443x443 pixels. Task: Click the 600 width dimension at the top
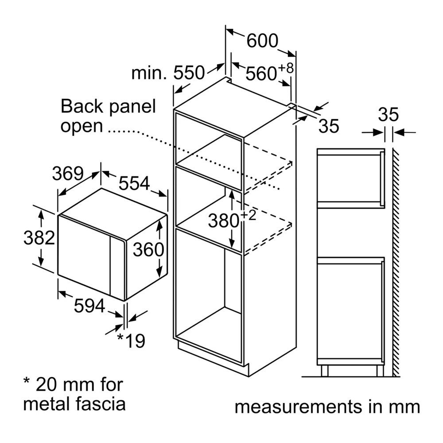(262, 41)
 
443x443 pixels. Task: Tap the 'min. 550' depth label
(168, 73)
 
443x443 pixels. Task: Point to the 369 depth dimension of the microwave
(68, 173)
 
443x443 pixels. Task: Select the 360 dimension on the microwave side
(148, 249)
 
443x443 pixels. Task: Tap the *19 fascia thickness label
(131, 341)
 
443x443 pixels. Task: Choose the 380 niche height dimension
(232, 219)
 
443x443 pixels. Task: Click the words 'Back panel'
(108, 106)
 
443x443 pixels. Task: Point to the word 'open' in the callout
(82, 126)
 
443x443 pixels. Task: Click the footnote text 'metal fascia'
(74, 404)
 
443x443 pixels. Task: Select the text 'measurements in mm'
(327, 407)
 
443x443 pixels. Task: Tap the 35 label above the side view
(389, 114)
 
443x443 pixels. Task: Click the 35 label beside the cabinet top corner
(329, 126)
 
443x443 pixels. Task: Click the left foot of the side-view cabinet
(325, 371)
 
